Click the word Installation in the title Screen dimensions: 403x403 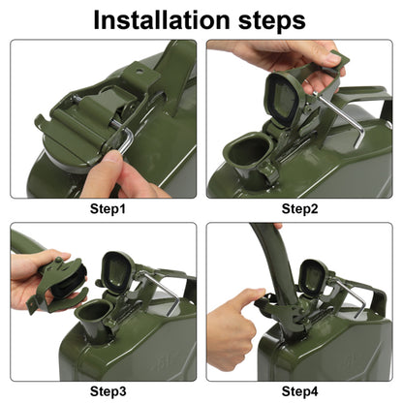161,20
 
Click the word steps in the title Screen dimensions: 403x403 272,21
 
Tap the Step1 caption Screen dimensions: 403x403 108,209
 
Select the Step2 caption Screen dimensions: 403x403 299,209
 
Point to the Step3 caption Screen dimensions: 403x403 108,391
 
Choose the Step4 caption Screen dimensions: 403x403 299,391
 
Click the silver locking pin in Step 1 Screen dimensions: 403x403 125,136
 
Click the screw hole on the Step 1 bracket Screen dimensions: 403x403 139,71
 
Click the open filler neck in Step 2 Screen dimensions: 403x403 247,152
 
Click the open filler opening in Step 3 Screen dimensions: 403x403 94,312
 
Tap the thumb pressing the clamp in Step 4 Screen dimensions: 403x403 250,296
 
